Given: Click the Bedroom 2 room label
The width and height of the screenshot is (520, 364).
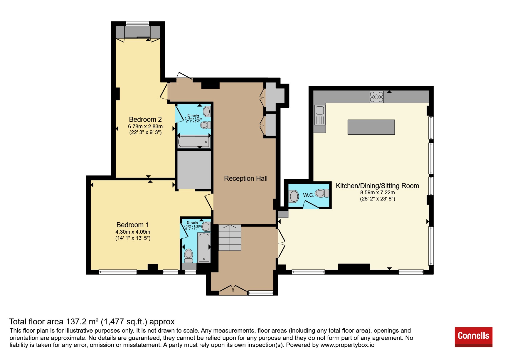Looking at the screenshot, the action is point(145,119).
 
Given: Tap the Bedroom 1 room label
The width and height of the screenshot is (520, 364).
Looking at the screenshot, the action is point(133,225).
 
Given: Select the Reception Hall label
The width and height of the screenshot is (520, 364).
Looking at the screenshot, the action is point(246,178).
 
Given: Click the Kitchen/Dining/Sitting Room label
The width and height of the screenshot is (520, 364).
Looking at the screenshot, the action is point(378,186).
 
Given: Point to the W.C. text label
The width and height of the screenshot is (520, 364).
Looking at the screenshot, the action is point(309,195).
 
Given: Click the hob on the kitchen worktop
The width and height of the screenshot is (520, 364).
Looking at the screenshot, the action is point(376,97).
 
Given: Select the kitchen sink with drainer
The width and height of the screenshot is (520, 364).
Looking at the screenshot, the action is point(320,115).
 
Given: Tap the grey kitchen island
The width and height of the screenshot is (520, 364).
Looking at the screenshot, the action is point(371,127).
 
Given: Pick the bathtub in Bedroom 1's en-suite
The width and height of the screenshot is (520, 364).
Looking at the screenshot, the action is point(204,247).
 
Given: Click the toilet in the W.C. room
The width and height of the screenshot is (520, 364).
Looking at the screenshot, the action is point(322,193).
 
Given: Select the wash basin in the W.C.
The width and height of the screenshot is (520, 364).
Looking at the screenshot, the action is point(294,196).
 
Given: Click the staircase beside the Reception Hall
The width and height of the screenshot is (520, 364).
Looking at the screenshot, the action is point(230,237).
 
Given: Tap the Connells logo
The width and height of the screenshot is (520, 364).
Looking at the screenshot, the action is point(473,337).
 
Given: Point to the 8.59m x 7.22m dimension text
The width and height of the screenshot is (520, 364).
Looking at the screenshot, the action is point(378,193).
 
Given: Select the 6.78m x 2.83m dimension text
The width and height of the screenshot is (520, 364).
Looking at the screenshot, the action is point(145,127).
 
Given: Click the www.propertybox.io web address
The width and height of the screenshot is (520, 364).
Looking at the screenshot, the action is point(347,345).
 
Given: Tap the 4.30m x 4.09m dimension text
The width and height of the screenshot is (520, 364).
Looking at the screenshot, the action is point(133,232).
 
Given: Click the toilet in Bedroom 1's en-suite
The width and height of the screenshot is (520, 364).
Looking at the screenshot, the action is point(189,256).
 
